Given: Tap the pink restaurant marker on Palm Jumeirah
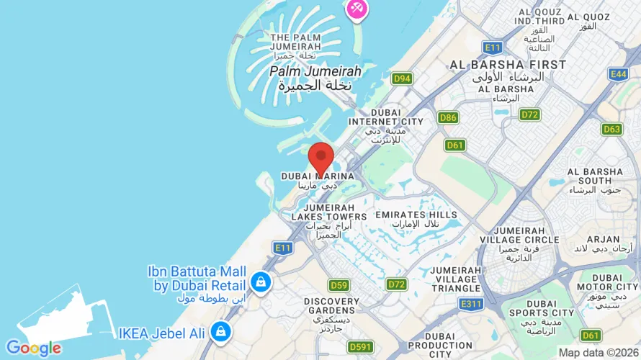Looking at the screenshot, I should click(x=357, y=9).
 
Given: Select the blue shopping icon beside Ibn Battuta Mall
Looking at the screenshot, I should click(x=261, y=282).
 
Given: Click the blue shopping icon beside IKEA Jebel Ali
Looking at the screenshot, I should click(x=221, y=332).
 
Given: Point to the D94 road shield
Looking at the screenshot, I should click(x=402, y=78).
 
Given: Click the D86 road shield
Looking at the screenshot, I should click(x=448, y=117).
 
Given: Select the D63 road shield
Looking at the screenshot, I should click(x=611, y=129).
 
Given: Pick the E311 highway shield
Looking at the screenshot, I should click(x=470, y=304).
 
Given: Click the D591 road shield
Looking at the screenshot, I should click(x=360, y=347).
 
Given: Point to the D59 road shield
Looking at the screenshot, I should click(x=339, y=285).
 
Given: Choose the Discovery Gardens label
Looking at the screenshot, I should click(x=332, y=306).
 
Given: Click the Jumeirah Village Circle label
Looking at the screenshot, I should click(x=520, y=240).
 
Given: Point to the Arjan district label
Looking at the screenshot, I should click(x=604, y=239).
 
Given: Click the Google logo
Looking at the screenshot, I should click(x=33, y=348).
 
